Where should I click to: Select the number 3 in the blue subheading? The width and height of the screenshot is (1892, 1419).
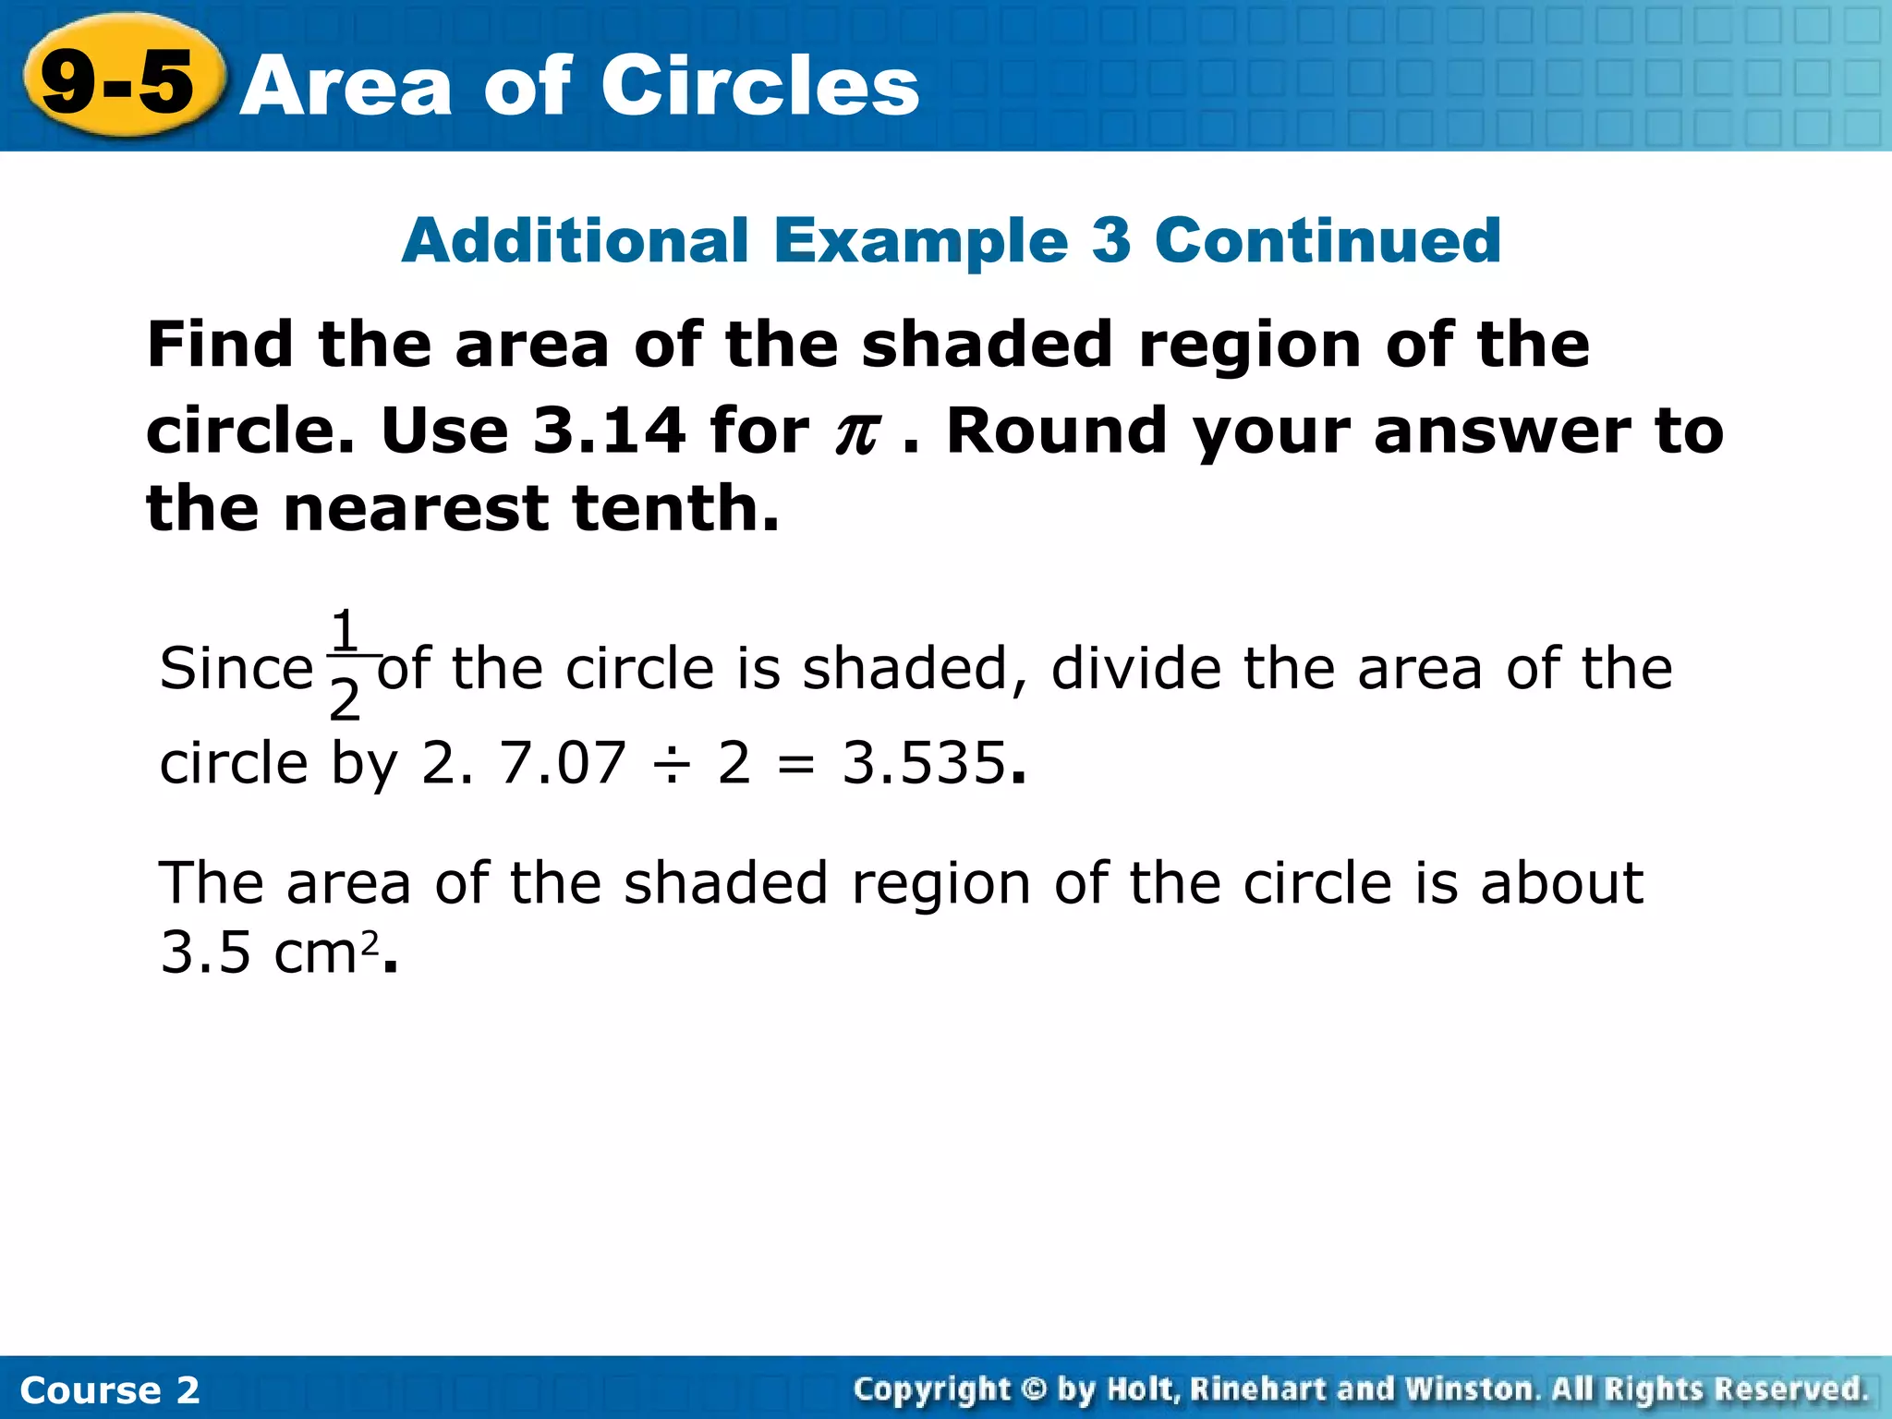[1110, 240]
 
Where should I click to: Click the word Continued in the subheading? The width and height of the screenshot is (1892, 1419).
[1328, 240]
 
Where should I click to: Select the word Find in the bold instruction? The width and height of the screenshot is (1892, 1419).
[220, 345]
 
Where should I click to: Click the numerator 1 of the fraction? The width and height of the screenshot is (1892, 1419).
[345, 631]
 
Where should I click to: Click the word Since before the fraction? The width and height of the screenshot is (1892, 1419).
[236, 668]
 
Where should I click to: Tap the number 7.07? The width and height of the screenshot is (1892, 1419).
[563, 763]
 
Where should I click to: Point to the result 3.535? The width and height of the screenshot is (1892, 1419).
[923, 763]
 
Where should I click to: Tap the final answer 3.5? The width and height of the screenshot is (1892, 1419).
[205, 952]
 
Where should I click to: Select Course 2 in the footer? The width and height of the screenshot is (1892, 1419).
[109, 1389]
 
